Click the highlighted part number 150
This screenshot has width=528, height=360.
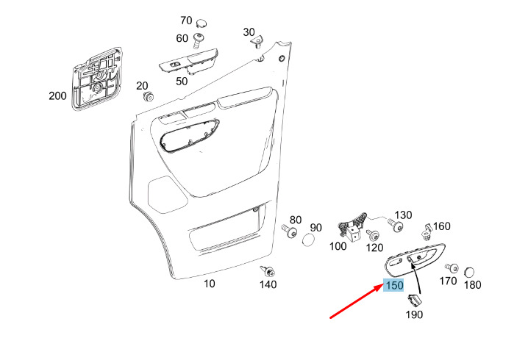point(394,285)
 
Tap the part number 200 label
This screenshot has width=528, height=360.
point(57,96)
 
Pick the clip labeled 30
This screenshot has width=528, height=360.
point(257,43)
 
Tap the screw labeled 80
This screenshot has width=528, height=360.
point(290,232)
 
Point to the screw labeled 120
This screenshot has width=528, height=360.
point(374,235)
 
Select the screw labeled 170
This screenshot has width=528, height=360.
point(452,268)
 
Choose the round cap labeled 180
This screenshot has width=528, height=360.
point(468,272)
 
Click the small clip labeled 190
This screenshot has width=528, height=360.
point(415,300)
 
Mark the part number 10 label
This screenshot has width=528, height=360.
point(210,283)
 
